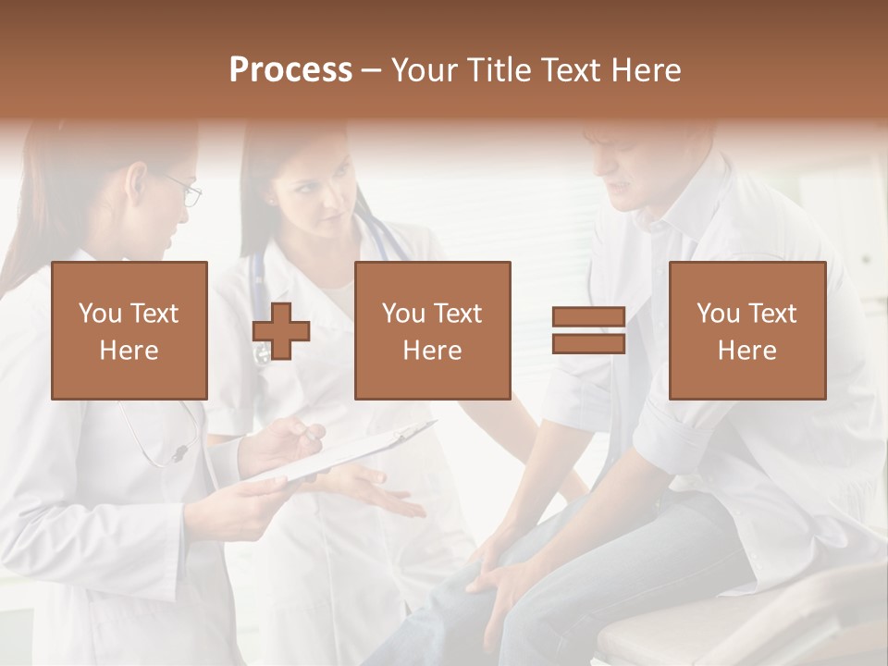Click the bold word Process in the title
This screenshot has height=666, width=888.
pyautogui.click(x=290, y=70)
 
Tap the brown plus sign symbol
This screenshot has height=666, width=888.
pyautogui.click(x=281, y=331)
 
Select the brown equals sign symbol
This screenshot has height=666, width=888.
pyautogui.click(x=588, y=330)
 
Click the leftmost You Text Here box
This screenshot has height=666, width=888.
pyautogui.click(x=129, y=330)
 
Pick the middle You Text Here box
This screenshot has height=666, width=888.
pyautogui.click(x=433, y=330)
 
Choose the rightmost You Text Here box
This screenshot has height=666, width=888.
pyautogui.click(x=747, y=330)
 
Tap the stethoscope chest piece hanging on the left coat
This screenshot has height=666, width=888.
pyautogui.click(x=178, y=454)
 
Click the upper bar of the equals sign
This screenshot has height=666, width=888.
pyautogui.click(x=588, y=317)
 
